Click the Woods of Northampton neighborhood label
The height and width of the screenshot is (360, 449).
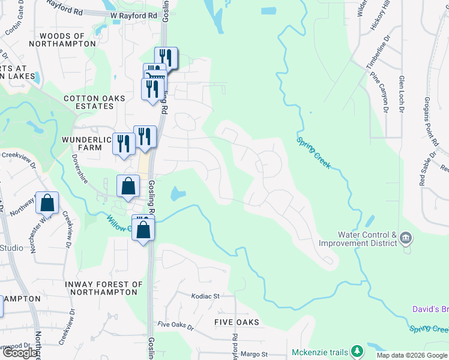(x=62, y=40)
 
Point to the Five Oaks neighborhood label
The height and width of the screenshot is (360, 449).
(x=237, y=322)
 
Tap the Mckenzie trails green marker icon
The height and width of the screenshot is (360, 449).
(x=357, y=350)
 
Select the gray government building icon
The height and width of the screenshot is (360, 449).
(x=406, y=239)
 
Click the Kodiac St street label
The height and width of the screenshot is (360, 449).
(x=206, y=296)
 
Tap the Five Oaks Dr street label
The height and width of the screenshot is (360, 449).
(x=176, y=327)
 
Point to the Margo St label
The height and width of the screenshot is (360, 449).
(x=255, y=355)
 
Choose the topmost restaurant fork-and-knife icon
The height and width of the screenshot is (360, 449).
(x=166, y=57)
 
